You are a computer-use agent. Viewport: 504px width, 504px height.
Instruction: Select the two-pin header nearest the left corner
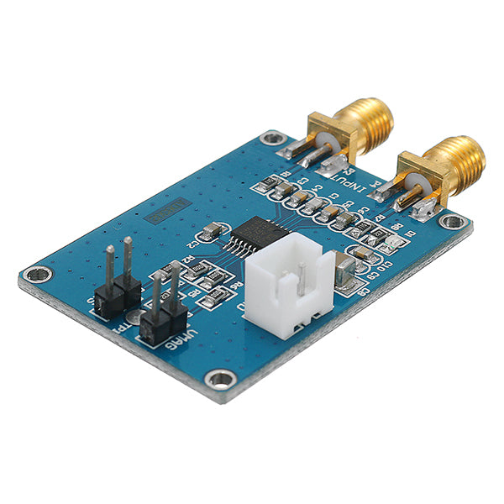[118, 286]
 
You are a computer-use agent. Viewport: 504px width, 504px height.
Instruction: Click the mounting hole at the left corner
[36, 273]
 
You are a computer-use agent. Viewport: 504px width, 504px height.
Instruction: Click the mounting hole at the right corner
[452, 222]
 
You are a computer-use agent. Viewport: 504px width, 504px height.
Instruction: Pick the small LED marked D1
[390, 242]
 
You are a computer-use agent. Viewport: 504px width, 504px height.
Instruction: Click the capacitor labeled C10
[363, 254]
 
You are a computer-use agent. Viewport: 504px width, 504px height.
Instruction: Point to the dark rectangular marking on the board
[163, 212]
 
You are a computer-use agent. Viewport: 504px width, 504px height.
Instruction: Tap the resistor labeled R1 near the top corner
[270, 186]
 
